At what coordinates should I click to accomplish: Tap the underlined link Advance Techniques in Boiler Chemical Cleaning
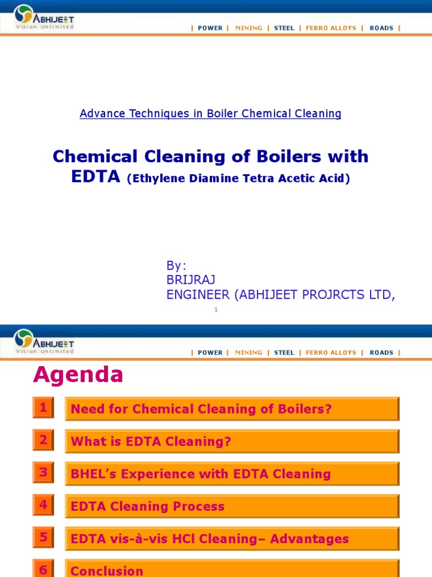tap(210, 113)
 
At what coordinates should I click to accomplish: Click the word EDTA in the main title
tap(96, 177)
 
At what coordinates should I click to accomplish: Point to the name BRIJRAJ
tap(191, 280)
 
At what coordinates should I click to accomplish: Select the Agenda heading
tap(78, 375)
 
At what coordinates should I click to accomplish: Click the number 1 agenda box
tap(43, 408)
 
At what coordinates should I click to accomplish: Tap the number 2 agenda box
tap(43, 440)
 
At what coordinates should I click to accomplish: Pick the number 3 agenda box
tap(43, 472)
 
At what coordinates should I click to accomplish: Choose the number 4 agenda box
tap(43, 505)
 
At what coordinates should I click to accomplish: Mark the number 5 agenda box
tap(43, 538)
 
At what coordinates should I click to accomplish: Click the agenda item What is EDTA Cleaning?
tap(151, 442)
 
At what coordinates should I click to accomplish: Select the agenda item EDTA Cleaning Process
tap(147, 507)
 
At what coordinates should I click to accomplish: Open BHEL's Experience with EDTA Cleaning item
tap(200, 474)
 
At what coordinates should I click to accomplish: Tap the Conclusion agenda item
tap(107, 571)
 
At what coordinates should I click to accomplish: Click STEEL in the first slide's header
tap(284, 28)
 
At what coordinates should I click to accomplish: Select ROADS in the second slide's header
tap(381, 353)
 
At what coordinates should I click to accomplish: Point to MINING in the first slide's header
tap(249, 28)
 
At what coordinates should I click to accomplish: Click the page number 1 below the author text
tap(216, 309)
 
